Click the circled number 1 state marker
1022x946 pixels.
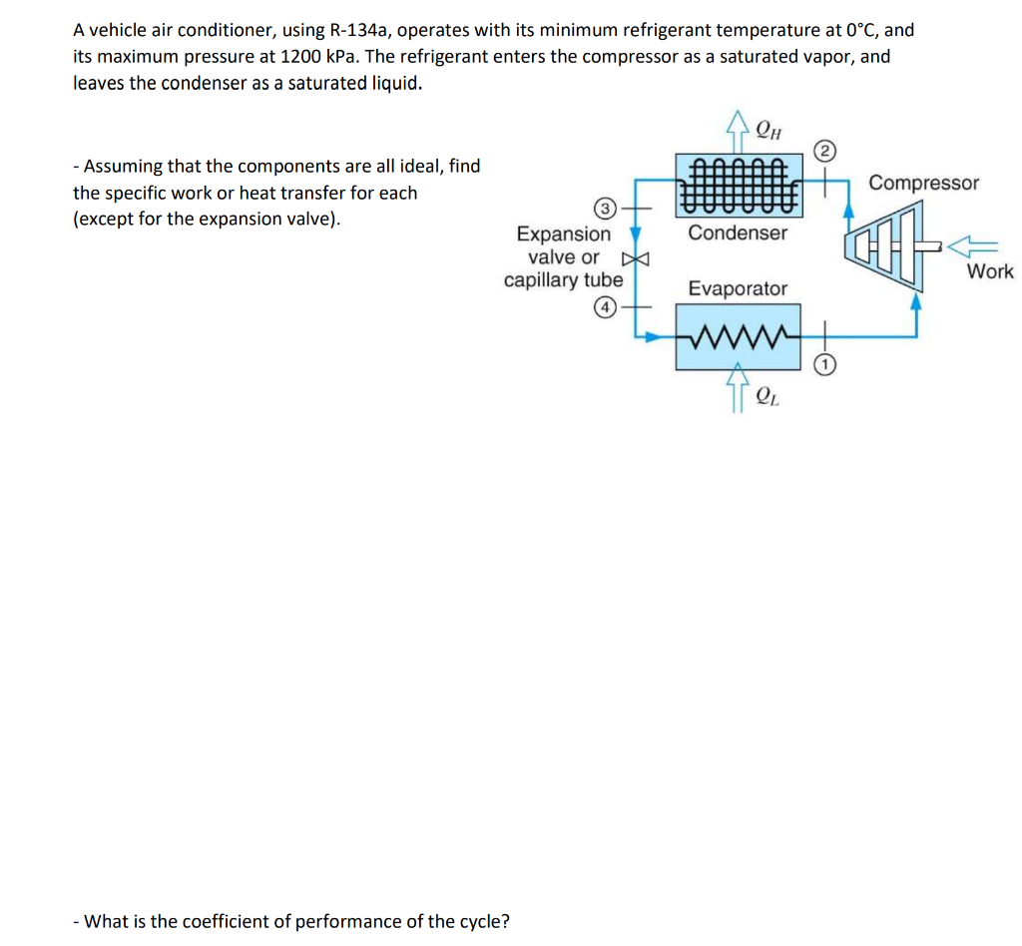(x=823, y=366)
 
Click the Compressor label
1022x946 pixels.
(x=923, y=183)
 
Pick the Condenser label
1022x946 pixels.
(x=738, y=233)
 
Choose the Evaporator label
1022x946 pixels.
(x=738, y=288)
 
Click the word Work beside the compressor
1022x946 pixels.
(x=989, y=271)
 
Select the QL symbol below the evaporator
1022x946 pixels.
(x=767, y=396)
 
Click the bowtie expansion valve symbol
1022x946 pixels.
(x=642, y=258)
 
